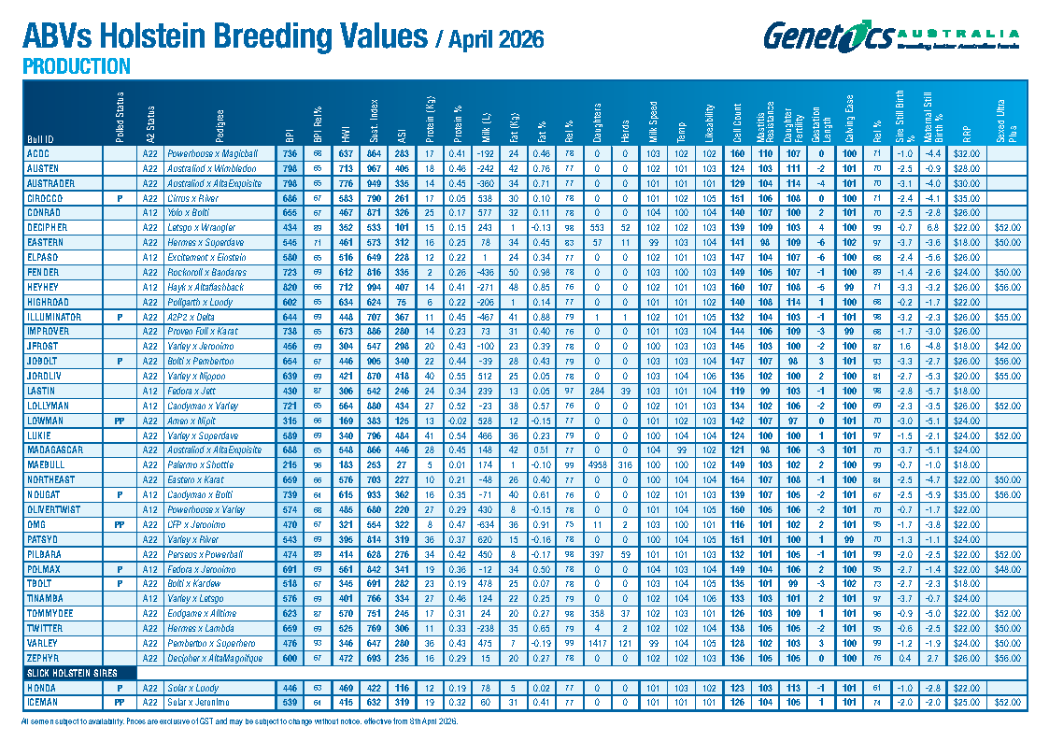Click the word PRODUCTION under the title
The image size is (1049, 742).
click(76, 66)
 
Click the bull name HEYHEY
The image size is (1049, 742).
click(42, 288)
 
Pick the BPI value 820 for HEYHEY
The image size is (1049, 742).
click(290, 288)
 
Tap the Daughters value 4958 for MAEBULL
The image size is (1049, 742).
click(598, 464)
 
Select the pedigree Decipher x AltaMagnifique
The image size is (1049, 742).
click(213, 658)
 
